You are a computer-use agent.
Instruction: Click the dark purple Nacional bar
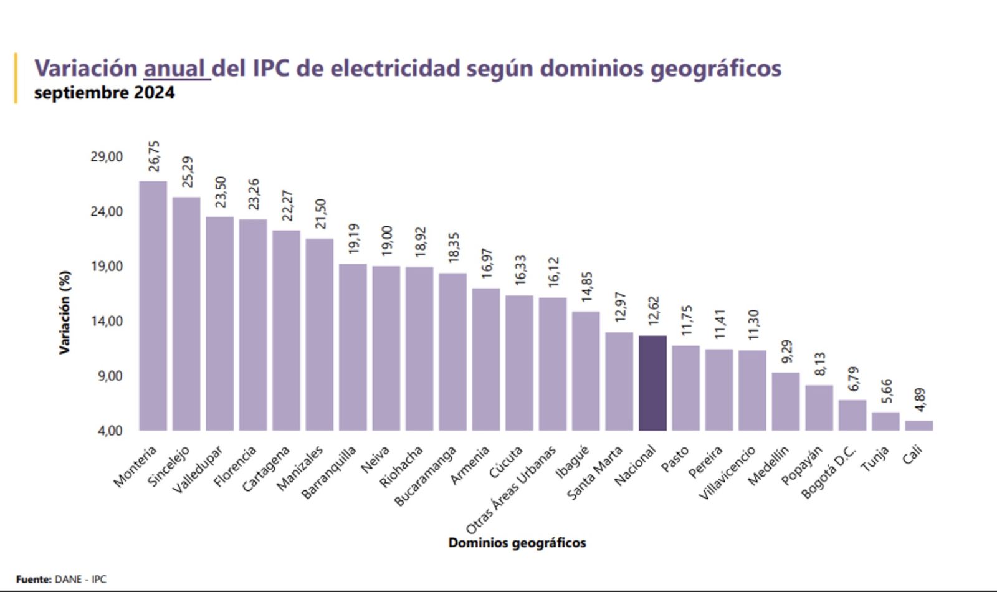(652, 383)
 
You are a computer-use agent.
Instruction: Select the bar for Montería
(153, 305)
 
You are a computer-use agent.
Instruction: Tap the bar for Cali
(918, 426)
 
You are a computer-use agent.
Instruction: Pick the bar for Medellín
(785, 401)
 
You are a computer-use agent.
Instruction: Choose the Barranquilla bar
(353, 347)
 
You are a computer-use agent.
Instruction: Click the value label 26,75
(154, 156)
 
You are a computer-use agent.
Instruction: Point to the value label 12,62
(653, 311)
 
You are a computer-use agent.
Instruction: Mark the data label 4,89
(920, 399)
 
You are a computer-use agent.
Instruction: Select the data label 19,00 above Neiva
(386, 241)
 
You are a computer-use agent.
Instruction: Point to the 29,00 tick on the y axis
(107, 156)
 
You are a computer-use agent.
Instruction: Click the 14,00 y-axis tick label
(107, 321)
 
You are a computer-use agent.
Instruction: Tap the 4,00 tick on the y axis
(110, 431)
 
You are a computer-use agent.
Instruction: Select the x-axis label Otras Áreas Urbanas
(511, 490)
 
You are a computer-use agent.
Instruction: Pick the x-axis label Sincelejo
(168, 467)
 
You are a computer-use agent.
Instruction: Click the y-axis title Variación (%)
(64, 312)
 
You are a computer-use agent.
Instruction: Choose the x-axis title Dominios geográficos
(517, 543)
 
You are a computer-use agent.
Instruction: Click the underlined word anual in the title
(175, 68)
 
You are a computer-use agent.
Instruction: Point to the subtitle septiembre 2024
(104, 93)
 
